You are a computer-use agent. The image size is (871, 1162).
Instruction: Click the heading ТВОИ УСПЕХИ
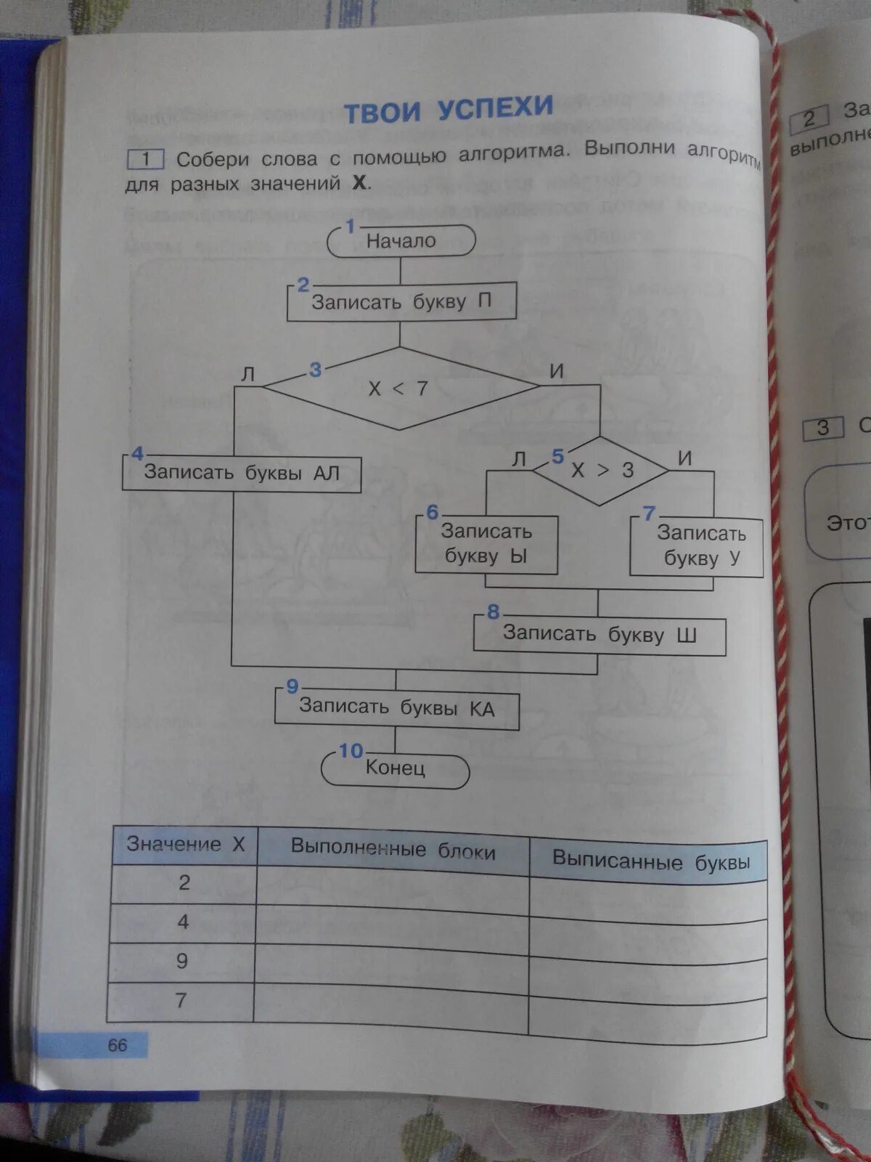(448, 110)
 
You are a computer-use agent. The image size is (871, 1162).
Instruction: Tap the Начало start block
(401, 241)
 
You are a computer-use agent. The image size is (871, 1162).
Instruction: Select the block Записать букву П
(401, 301)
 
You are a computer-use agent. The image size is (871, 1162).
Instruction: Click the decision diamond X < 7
(399, 389)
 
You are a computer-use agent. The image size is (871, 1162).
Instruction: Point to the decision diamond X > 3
(601, 471)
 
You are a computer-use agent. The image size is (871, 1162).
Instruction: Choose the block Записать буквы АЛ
(241, 473)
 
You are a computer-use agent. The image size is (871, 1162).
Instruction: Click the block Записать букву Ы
(486, 544)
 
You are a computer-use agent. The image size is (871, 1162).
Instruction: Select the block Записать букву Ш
(600, 635)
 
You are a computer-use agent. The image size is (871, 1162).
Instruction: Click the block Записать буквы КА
(396, 707)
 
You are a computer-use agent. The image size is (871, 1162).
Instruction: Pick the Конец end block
(396, 768)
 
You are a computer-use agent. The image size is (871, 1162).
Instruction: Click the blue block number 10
(351, 751)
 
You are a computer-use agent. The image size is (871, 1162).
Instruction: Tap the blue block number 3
(315, 370)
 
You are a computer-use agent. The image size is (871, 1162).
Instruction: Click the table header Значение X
(186, 845)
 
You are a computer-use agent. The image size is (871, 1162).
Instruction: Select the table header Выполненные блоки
(393, 850)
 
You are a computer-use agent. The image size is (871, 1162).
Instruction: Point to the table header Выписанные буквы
(650, 862)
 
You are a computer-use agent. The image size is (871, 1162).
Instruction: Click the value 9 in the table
(182, 961)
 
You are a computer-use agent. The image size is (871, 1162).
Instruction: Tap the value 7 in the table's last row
(181, 1000)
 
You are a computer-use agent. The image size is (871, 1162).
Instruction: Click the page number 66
(117, 1045)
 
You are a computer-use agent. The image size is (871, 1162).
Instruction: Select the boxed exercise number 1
(145, 158)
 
